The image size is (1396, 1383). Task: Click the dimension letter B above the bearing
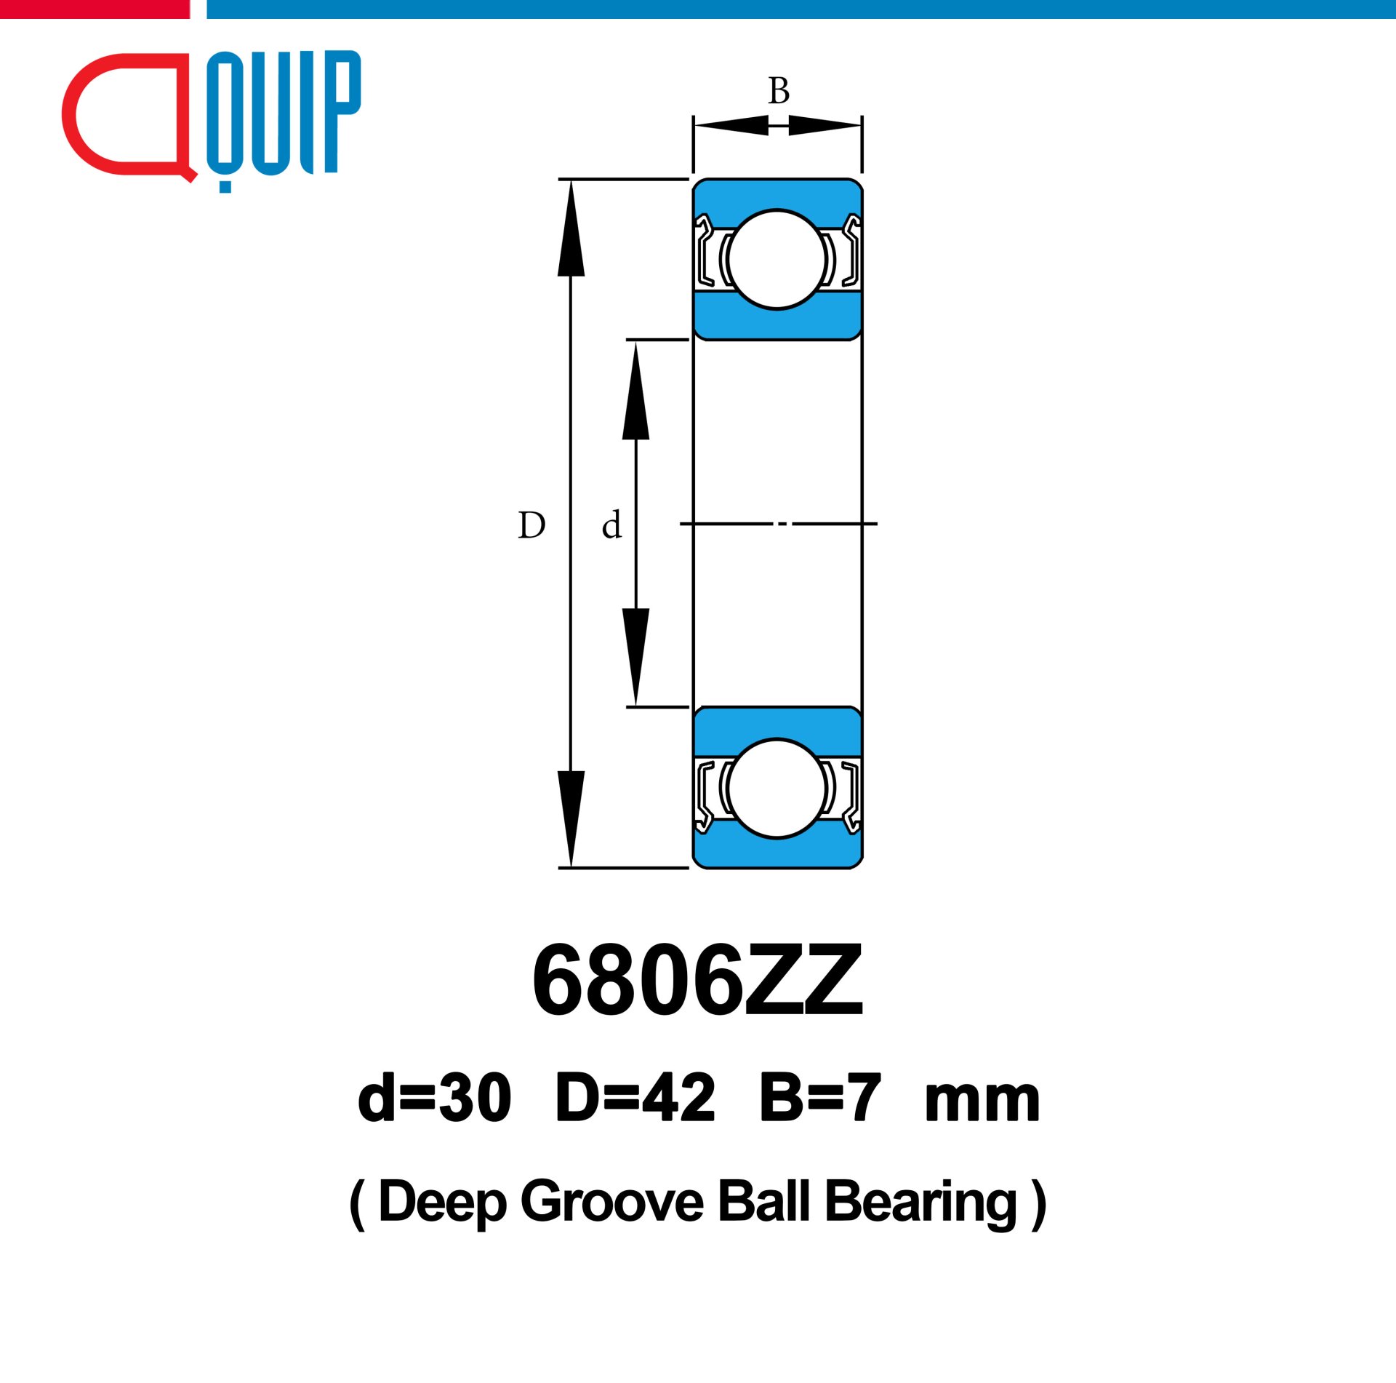pos(779,91)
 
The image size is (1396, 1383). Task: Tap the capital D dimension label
pos(531,525)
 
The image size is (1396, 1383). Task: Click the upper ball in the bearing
pos(777,260)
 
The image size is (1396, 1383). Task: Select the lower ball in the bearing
pos(777,789)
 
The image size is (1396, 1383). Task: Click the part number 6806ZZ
pos(698,980)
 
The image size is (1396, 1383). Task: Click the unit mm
pos(982,1103)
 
